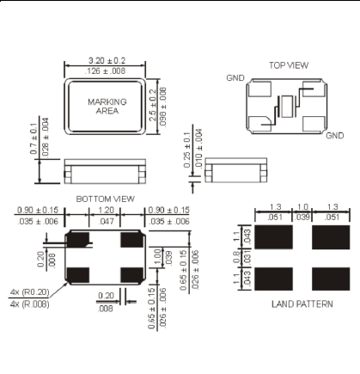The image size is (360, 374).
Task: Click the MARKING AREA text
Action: click(x=107, y=107)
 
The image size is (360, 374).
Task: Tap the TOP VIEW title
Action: click(x=289, y=65)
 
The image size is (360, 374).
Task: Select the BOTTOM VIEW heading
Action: click(x=105, y=199)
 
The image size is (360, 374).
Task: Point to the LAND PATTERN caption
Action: click(x=302, y=303)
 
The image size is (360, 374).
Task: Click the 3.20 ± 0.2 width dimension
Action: click(x=107, y=60)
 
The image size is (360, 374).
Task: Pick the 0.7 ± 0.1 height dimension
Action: click(x=34, y=138)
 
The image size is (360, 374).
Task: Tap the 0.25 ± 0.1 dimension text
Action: click(x=187, y=150)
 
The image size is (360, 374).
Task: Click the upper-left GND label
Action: click(x=235, y=78)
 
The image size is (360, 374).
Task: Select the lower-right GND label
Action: click(x=335, y=135)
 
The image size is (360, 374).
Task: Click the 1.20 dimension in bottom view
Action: click(x=106, y=210)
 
